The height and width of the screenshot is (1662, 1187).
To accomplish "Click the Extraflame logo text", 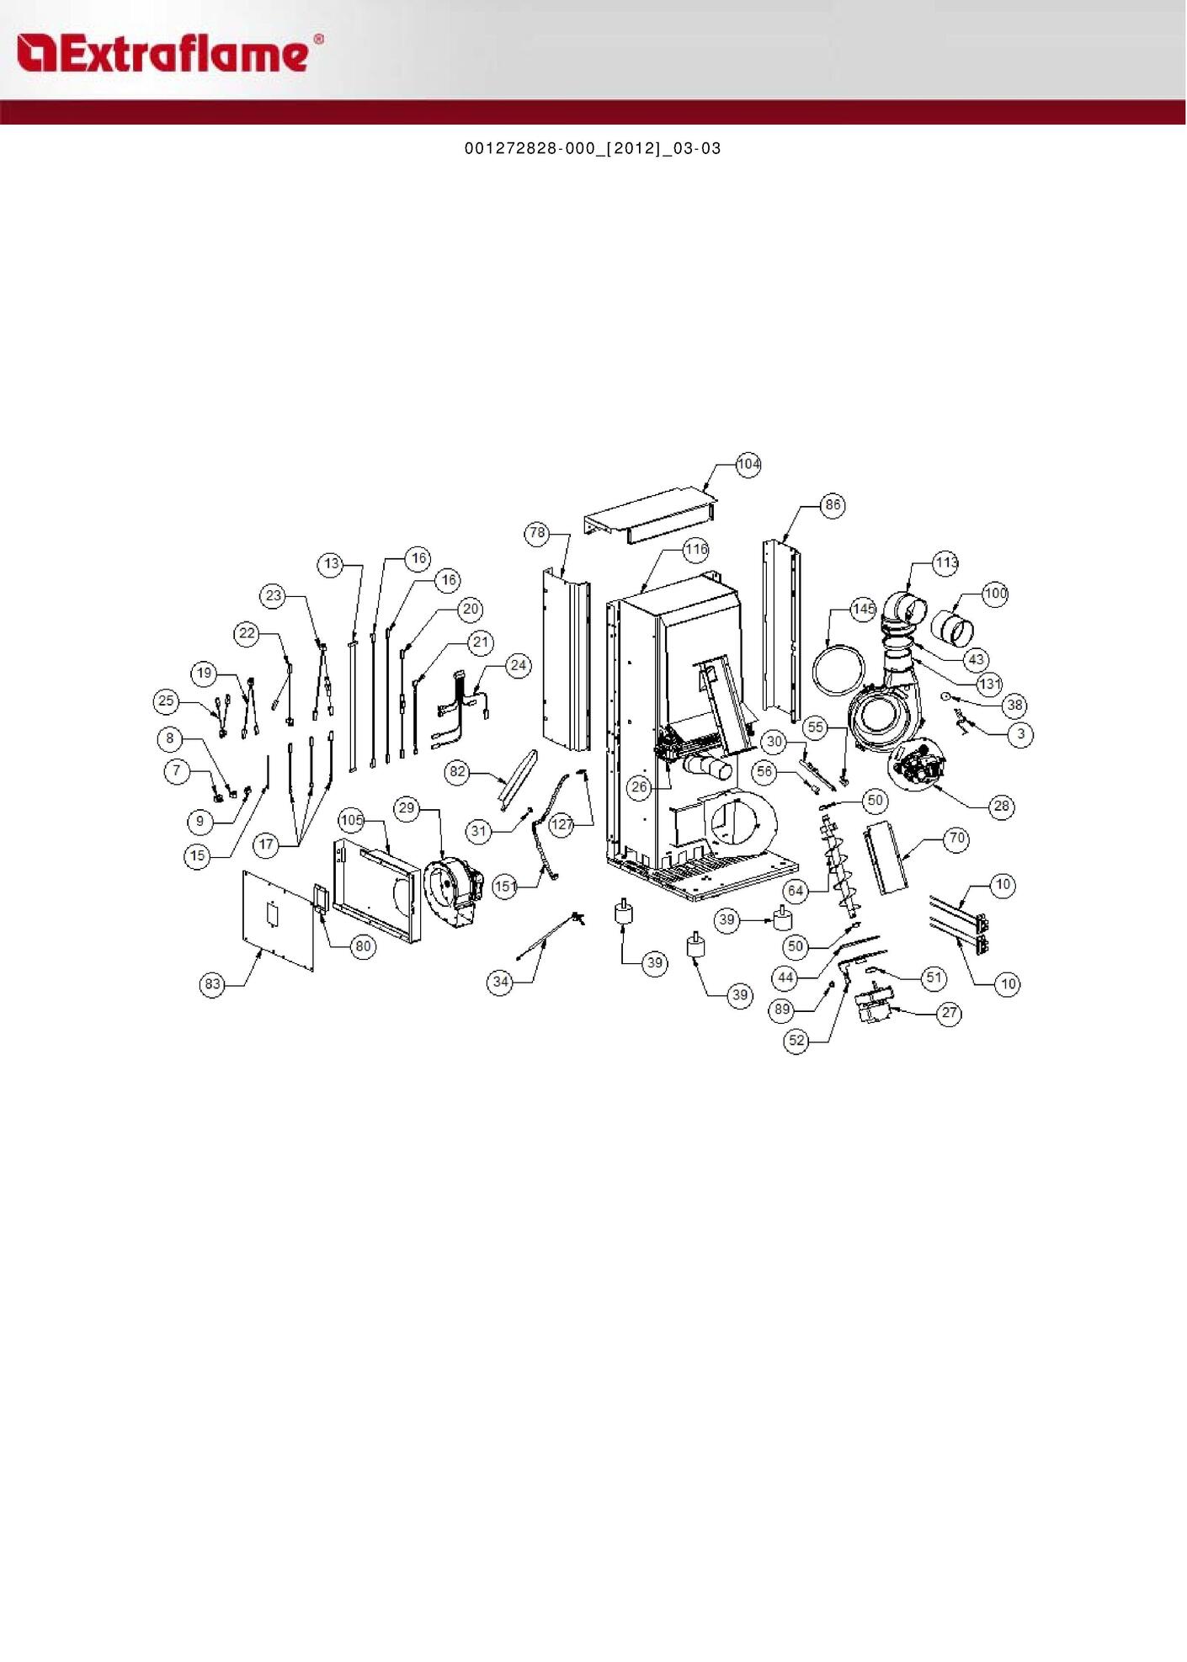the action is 171,53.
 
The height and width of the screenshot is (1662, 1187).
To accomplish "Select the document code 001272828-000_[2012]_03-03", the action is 593,148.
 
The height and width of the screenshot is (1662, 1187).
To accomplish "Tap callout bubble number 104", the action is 748,464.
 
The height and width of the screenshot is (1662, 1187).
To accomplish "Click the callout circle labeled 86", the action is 833,505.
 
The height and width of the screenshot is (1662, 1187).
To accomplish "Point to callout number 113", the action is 945,562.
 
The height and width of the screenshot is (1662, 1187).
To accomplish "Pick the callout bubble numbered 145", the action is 863,609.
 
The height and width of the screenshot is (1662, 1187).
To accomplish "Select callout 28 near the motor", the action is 1001,807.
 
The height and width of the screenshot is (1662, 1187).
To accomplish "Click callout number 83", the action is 212,984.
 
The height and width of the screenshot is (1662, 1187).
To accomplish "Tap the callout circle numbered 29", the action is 407,808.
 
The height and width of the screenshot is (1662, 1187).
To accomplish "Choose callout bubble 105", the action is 352,820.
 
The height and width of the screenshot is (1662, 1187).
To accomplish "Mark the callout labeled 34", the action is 501,982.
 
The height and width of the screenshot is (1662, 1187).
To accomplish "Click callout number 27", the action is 950,1013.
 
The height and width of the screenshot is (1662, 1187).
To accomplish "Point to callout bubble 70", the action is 956,839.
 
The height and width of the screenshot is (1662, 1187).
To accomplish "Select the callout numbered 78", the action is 538,533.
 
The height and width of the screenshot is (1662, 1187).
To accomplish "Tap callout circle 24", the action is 518,666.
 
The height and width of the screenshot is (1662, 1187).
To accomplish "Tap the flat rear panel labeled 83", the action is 279,921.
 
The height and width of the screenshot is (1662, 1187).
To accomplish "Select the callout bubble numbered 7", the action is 177,770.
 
